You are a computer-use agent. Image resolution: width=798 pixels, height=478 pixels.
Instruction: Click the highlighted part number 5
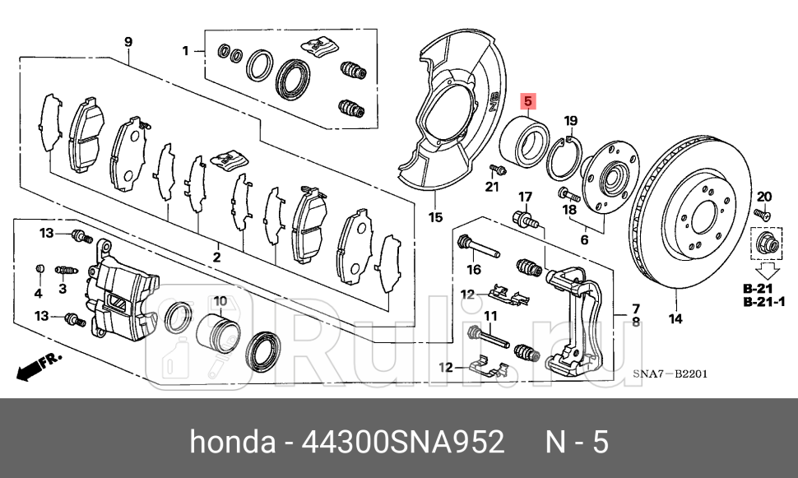coord(528,103)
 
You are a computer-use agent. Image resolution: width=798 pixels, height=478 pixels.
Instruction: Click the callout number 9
coord(128,42)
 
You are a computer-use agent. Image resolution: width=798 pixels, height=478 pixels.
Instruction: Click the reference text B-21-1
coord(765,302)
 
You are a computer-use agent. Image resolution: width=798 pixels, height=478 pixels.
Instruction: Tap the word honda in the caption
coord(233,443)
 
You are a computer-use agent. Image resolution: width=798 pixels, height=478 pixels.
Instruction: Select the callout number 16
coord(473,269)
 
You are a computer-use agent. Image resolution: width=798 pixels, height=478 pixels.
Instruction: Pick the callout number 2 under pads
coord(216,258)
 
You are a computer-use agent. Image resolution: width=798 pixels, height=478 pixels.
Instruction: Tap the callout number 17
coord(524,197)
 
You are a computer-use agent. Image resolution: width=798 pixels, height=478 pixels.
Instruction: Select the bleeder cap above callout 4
coord(38,268)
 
